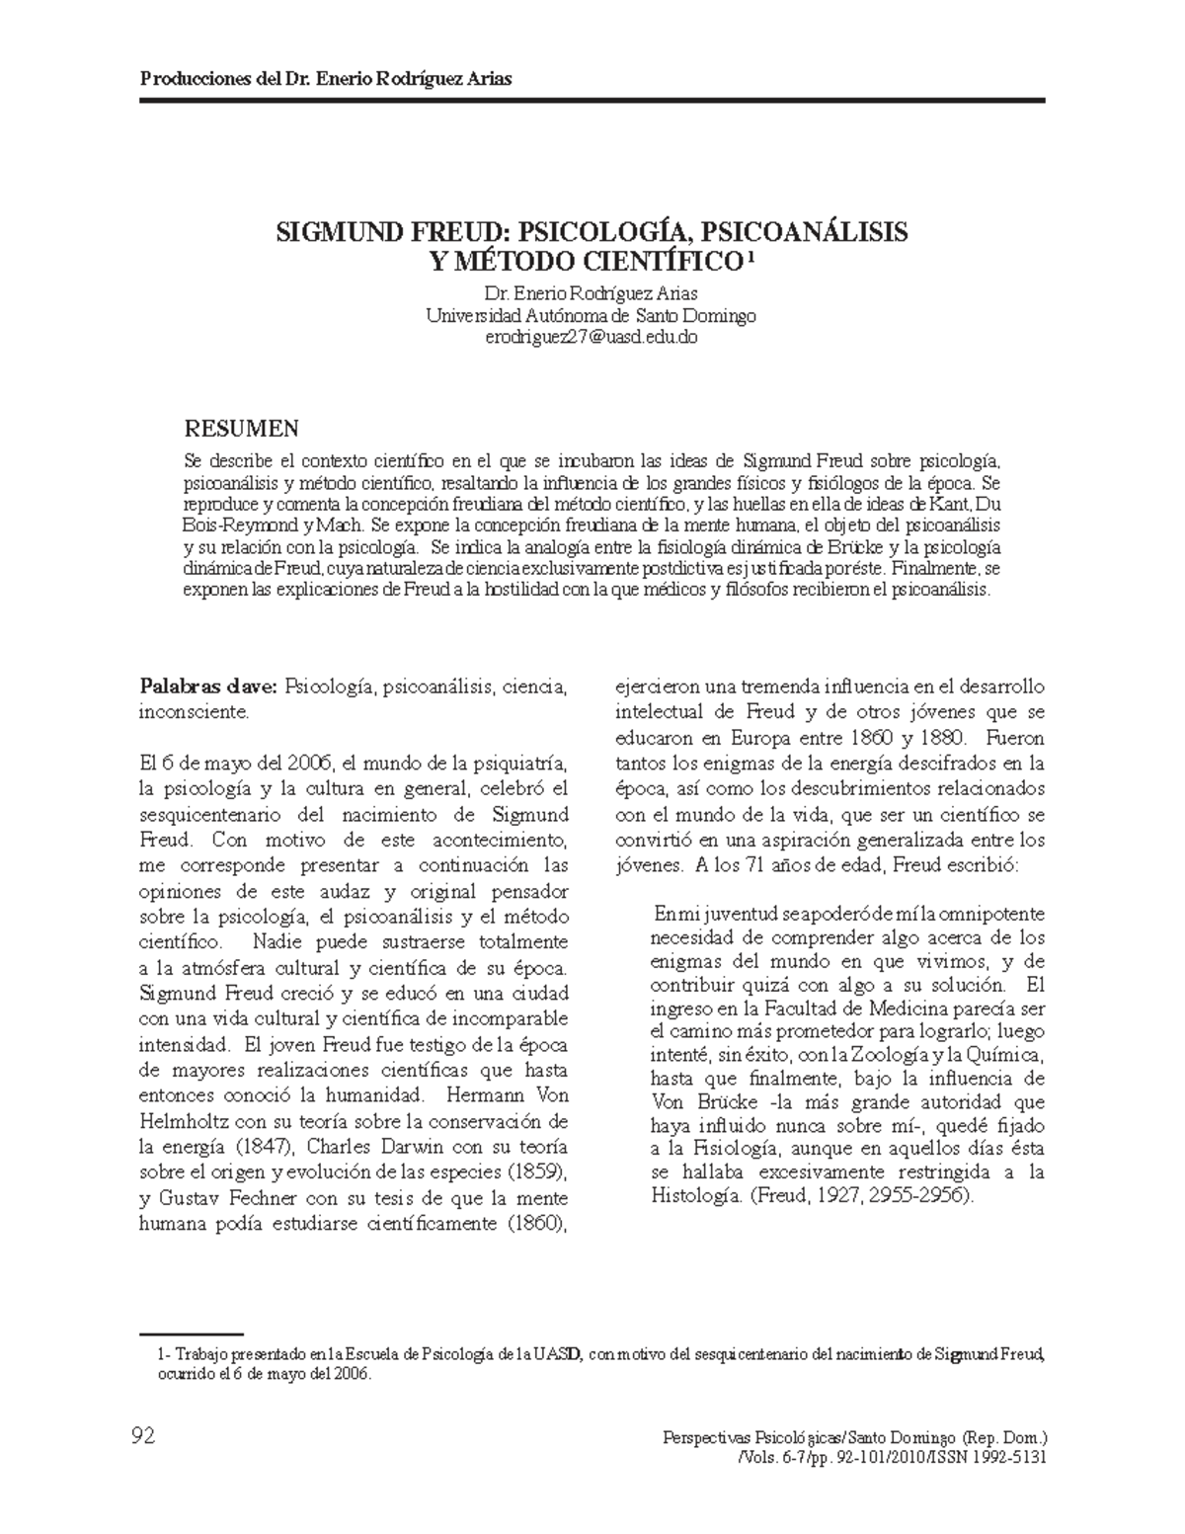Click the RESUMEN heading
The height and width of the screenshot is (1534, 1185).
[242, 428]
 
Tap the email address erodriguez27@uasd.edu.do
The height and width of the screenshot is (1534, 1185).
[591, 337]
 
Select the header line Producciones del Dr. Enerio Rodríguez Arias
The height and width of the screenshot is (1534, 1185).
[326, 78]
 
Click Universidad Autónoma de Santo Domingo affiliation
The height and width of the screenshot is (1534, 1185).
[591, 316]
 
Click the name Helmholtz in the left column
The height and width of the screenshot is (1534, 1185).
[186, 1121]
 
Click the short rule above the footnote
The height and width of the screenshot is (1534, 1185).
[192, 1333]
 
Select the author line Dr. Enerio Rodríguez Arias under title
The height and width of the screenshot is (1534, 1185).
[591, 294]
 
